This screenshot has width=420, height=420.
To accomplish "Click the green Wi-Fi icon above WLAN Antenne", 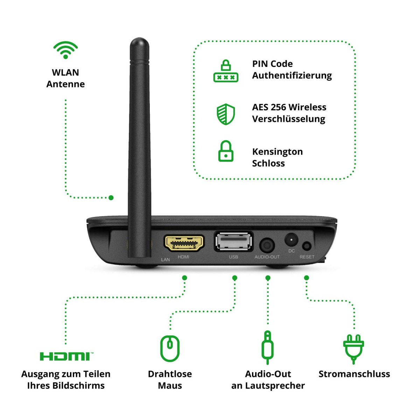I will pyautogui.click(x=65, y=50).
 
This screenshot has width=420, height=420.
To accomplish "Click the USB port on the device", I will pyautogui.click(x=233, y=241).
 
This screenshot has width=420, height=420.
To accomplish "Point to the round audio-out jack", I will pyautogui.click(x=267, y=245).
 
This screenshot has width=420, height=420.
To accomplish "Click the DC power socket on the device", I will pyautogui.click(x=291, y=240).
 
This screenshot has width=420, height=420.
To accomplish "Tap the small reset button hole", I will pyautogui.click(x=307, y=246).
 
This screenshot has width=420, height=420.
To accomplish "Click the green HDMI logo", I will pyautogui.click(x=66, y=356).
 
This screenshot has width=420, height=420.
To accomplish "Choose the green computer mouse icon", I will pyautogui.click(x=170, y=348).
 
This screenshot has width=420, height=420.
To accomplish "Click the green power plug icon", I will pyautogui.click(x=353, y=348).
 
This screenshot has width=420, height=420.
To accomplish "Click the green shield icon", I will pyautogui.click(x=226, y=114).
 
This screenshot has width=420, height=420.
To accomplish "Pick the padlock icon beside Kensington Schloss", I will pyautogui.click(x=226, y=151).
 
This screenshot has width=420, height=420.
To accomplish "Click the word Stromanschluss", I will pyautogui.click(x=354, y=374).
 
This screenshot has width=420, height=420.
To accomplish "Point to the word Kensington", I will pyautogui.click(x=277, y=152).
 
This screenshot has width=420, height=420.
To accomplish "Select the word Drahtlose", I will pyautogui.click(x=170, y=374).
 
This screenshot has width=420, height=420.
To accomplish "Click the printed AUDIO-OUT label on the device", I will pyautogui.click(x=267, y=257).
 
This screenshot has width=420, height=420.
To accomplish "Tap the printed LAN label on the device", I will pyautogui.click(x=165, y=259).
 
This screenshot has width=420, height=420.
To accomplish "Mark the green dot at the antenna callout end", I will pyautogui.click(x=111, y=198).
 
